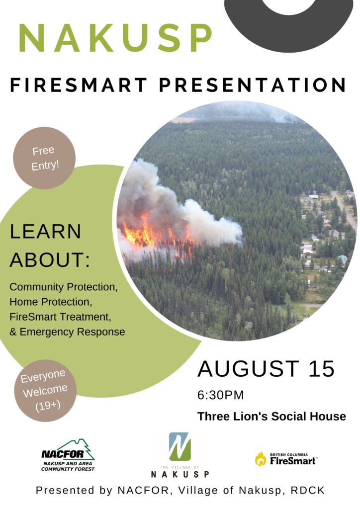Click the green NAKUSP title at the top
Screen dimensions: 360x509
(x=115, y=38)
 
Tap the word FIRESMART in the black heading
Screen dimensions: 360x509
(x=79, y=85)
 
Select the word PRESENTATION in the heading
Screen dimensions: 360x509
(x=253, y=85)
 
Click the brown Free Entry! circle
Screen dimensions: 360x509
(x=44, y=158)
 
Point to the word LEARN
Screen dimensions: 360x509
(x=45, y=232)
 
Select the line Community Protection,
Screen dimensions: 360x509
(x=64, y=287)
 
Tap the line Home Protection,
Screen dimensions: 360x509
(x=51, y=302)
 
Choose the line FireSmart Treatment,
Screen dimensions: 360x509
(x=60, y=317)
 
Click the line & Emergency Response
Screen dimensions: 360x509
(x=67, y=332)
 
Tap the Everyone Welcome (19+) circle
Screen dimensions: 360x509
(x=45, y=391)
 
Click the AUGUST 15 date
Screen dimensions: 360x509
(x=266, y=369)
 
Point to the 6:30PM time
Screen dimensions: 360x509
(x=220, y=395)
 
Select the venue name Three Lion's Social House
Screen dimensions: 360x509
(x=271, y=416)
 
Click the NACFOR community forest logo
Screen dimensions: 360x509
(x=68, y=455)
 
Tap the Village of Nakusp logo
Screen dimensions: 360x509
(x=180, y=455)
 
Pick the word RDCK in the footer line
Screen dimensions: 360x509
(x=308, y=490)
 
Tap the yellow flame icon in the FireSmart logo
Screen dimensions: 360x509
(x=261, y=459)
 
